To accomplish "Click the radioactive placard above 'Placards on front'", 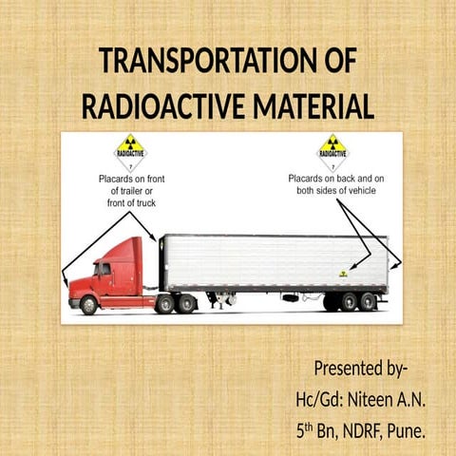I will click(129, 152).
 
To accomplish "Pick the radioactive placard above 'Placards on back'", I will click(332, 152).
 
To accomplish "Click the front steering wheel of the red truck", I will click(88, 304).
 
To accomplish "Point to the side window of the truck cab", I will click(103, 269).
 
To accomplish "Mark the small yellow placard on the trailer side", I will click(343, 274).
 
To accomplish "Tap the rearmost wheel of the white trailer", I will click(368, 301).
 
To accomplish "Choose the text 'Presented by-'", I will click(361, 368).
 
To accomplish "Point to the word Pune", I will click(406, 432).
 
